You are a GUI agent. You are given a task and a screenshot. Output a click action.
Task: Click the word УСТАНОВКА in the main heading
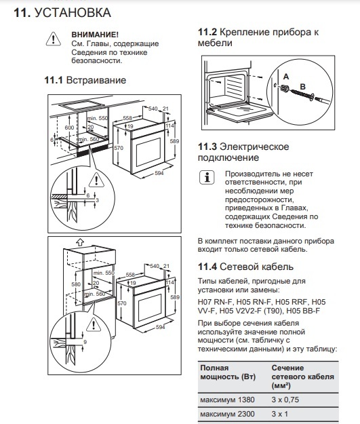click(73, 13)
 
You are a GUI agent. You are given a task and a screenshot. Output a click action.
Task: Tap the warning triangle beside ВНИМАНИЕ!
click(54, 39)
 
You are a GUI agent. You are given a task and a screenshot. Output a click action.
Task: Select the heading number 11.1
click(54, 80)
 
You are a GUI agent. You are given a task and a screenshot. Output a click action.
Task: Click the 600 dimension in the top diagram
click(69, 128)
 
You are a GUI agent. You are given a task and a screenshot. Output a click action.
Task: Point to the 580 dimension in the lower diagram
click(76, 284)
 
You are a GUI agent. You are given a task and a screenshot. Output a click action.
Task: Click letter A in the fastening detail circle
click(286, 77)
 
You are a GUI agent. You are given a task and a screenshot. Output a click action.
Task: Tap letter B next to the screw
click(302, 87)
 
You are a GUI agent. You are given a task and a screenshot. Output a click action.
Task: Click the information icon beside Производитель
click(207, 178)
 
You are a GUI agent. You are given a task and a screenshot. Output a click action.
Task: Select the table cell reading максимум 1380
click(227, 400)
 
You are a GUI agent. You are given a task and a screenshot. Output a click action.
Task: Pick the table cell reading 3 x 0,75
click(285, 400)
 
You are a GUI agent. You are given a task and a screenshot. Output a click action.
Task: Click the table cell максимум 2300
click(227, 414)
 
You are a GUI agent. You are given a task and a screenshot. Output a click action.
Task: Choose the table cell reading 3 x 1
click(280, 414)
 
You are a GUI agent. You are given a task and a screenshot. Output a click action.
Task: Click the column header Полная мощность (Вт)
click(228, 372)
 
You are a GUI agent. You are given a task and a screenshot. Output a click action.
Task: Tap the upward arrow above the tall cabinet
click(80, 242)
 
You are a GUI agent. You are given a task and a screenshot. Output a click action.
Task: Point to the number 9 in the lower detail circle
click(85, 342)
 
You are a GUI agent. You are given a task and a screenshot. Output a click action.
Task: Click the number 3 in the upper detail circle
click(98, 200)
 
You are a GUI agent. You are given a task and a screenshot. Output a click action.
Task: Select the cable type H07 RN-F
click(216, 302)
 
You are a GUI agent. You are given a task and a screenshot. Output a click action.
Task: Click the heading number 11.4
click(207, 267)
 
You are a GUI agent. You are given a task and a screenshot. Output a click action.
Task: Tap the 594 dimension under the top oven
click(159, 173)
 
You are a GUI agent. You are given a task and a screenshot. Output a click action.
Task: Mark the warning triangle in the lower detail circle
click(94, 324)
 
